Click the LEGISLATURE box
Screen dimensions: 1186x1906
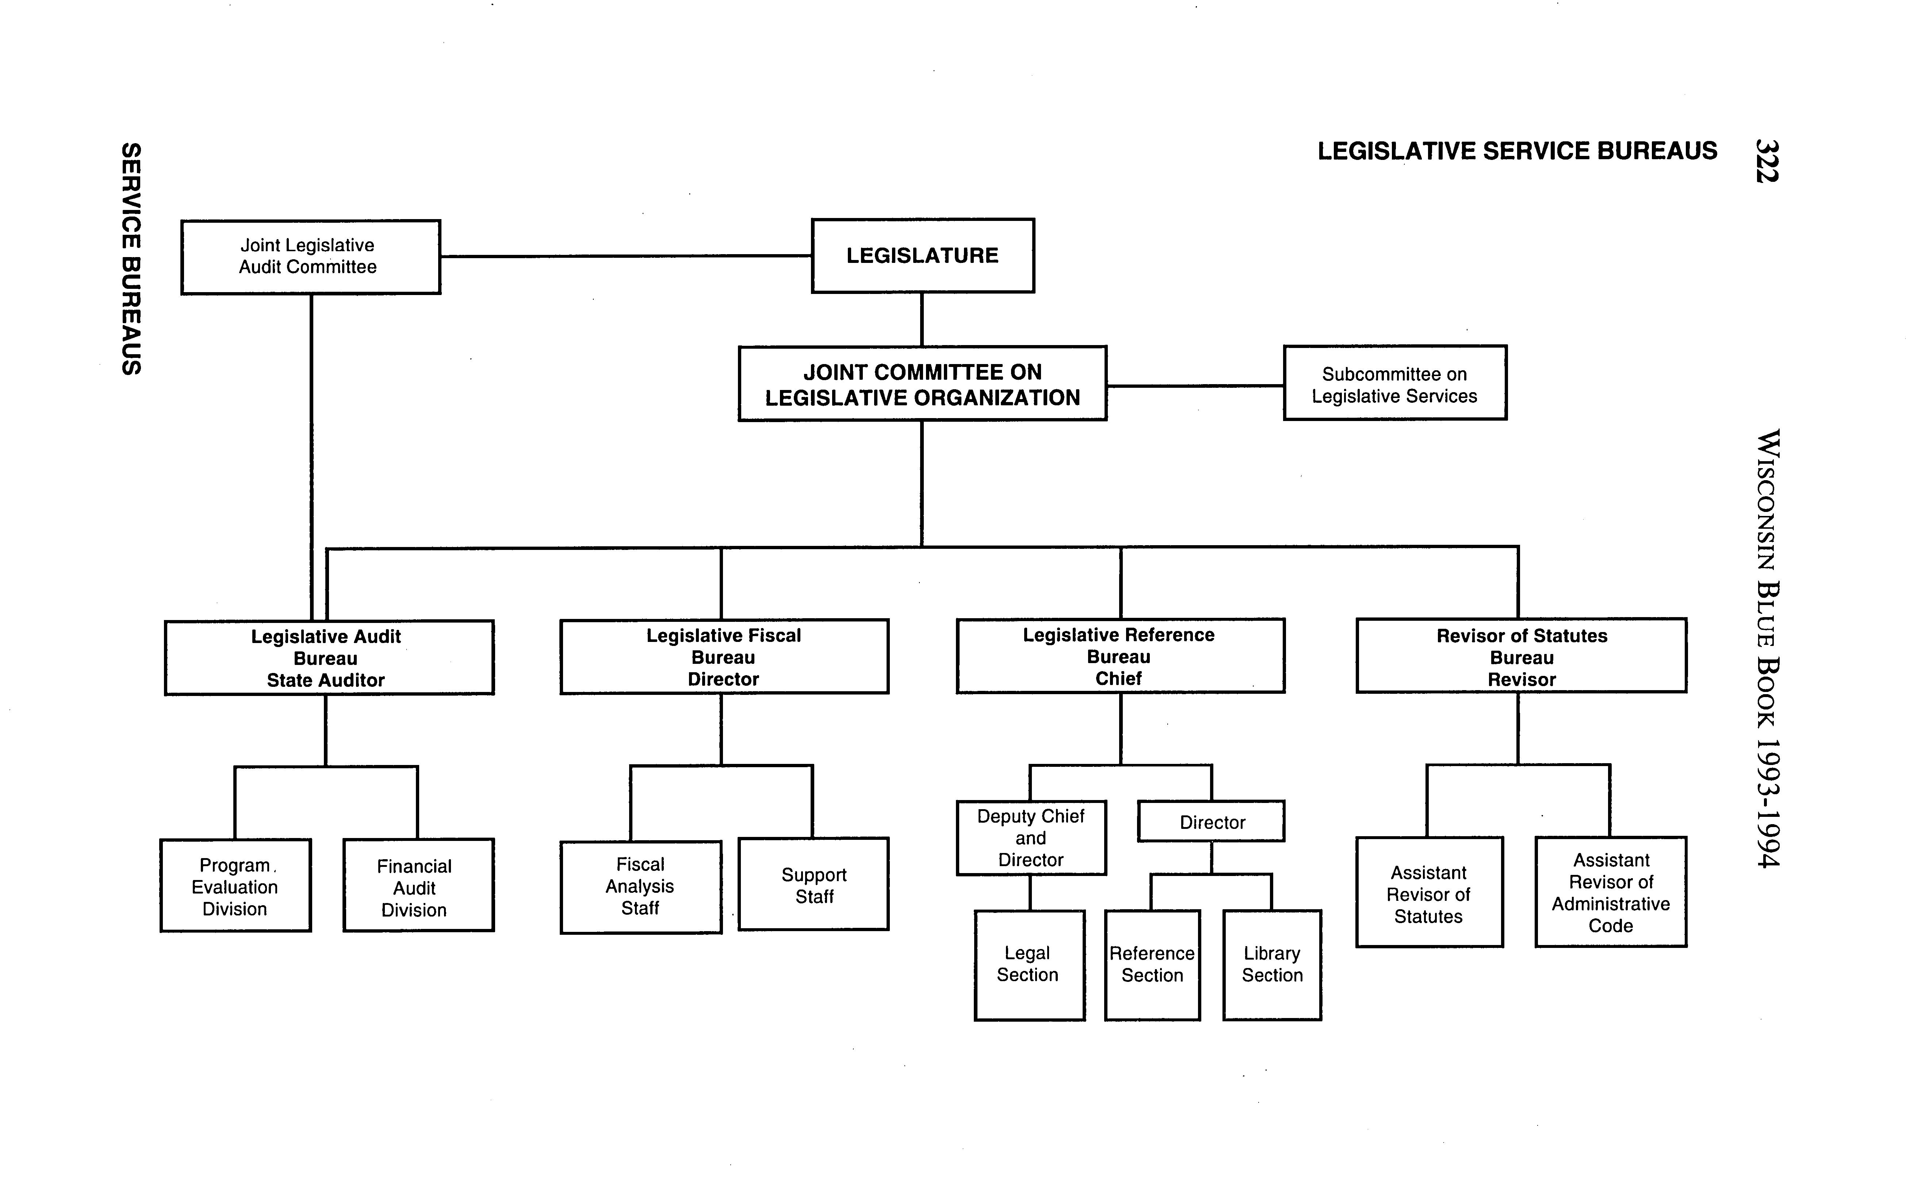coord(922,256)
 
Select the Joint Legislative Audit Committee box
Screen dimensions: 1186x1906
coord(311,257)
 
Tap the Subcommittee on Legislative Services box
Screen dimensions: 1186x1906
coord(1394,383)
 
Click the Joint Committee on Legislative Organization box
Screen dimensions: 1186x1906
coord(922,385)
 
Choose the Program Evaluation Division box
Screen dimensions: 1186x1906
coord(235,886)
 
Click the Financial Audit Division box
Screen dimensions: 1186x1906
coord(418,886)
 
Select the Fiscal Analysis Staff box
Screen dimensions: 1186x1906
coord(641,887)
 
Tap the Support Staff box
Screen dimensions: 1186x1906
coord(814,885)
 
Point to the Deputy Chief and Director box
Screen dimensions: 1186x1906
coord(1031,838)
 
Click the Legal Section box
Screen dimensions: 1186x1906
coord(1029,965)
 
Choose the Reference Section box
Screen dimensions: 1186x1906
coord(1152,965)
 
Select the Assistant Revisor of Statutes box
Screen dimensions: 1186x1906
coord(1429,894)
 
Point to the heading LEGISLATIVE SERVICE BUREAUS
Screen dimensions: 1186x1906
coord(1517,150)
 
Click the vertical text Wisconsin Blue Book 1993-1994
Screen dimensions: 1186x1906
coord(1768,648)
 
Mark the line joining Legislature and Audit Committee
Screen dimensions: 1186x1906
coord(626,256)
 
